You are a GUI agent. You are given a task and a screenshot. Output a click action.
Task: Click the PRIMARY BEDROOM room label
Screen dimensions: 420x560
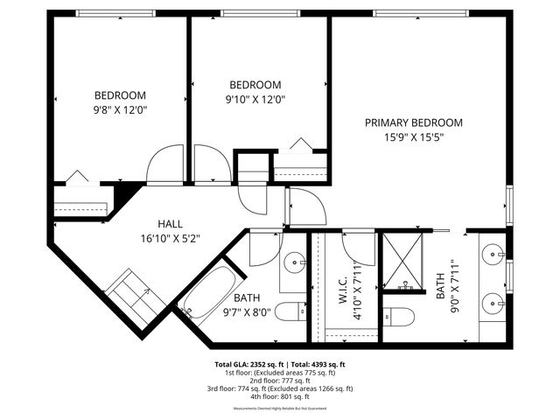(414, 122)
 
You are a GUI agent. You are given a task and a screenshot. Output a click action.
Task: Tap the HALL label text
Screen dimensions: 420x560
(170, 224)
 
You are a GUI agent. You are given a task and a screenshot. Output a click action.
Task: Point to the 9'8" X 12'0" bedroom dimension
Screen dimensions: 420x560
(120, 110)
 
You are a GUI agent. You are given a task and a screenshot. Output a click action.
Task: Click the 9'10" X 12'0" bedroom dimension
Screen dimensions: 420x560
(255, 99)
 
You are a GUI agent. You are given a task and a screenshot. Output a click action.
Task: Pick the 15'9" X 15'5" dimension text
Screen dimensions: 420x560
(414, 137)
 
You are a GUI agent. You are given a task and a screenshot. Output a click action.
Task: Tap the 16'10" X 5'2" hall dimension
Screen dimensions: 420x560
(170, 238)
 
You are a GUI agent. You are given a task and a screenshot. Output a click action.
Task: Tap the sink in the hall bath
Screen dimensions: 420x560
(296, 261)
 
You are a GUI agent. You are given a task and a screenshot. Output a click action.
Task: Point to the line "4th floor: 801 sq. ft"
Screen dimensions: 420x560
(280, 395)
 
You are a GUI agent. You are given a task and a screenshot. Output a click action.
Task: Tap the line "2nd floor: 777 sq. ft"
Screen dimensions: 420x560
(280, 380)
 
